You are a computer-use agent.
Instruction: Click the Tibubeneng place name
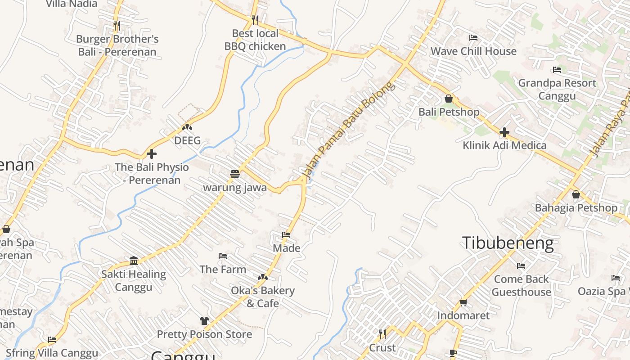click(x=508, y=243)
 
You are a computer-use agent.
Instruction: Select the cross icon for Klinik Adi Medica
click(x=504, y=132)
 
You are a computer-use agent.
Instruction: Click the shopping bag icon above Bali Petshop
click(x=449, y=99)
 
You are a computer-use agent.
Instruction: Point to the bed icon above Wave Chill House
click(x=473, y=38)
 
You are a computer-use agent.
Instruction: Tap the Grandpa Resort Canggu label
click(x=557, y=90)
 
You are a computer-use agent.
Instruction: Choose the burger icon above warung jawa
click(x=234, y=174)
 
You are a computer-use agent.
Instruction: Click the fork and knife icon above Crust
click(x=382, y=334)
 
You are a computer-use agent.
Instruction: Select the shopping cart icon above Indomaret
click(x=463, y=302)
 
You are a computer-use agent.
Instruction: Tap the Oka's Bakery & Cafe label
click(x=263, y=297)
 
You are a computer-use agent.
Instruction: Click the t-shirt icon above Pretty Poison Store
click(x=204, y=321)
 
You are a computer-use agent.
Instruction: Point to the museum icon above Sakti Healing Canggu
click(x=134, y=261)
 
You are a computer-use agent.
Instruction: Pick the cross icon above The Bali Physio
click(x=152, y=154)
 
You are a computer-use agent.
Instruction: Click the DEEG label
click(x=187, y=140)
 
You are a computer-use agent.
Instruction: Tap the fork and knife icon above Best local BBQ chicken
click(x=255, y=20)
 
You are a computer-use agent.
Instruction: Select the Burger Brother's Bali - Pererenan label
click(x=117, y=45)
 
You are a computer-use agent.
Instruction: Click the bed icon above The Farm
click(x=223, y=256)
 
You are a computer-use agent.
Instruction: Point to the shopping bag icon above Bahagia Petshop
click(x=576, y=194)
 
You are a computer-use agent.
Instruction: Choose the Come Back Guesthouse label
click(x=521, y=285)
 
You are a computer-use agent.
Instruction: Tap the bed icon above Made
click(x=286, y=234)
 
